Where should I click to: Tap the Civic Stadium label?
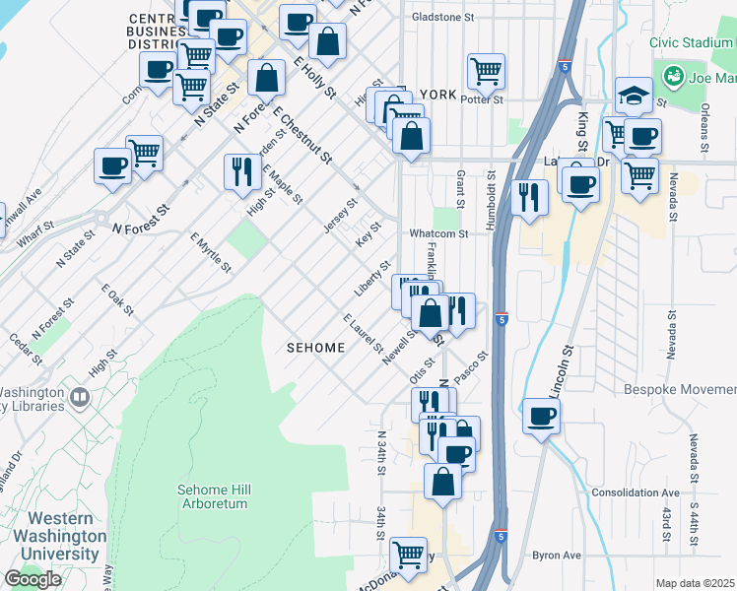[x=689, y=42]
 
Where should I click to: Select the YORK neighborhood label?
[x=437, y=95]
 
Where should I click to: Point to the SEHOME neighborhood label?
[x=315, y=348]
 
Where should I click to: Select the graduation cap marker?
[x=635, y=95]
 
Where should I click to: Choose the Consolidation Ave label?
[x=636, y=492]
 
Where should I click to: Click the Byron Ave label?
[x=558, y=556]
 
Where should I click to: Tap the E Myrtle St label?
[x=211, y=251]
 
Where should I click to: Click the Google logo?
[x=33, y=579]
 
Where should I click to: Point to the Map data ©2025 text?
[x=695, y=583]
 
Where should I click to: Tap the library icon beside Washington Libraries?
[x=78, y=398]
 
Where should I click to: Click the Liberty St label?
[x=372, y=280]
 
